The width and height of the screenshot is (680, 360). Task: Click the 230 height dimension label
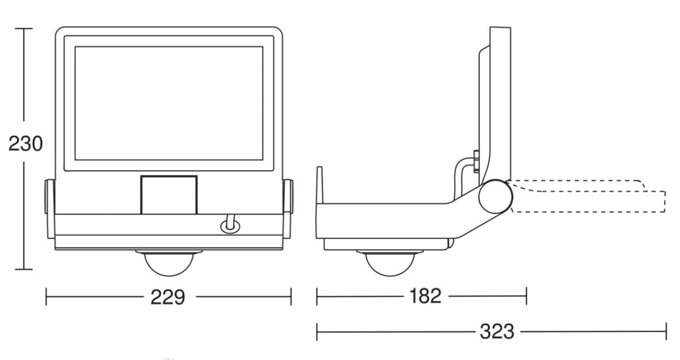(x=26, y=144)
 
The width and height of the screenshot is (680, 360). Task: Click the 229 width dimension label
(x=168, y=297)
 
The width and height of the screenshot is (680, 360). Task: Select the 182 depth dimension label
(x=425, y=296)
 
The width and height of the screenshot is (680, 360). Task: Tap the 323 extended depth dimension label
(x=497, y=332)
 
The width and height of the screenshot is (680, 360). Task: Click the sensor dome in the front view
(x=169, y=263)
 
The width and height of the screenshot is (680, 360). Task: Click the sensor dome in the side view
(x=390, y=263)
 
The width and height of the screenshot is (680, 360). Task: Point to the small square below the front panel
(x=169, y=194)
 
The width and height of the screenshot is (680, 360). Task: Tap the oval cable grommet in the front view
(x=230, y=227)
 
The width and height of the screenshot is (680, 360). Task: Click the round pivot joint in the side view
(x=495, y=197)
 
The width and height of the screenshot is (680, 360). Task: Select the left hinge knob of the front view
(x=50, y=196)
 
